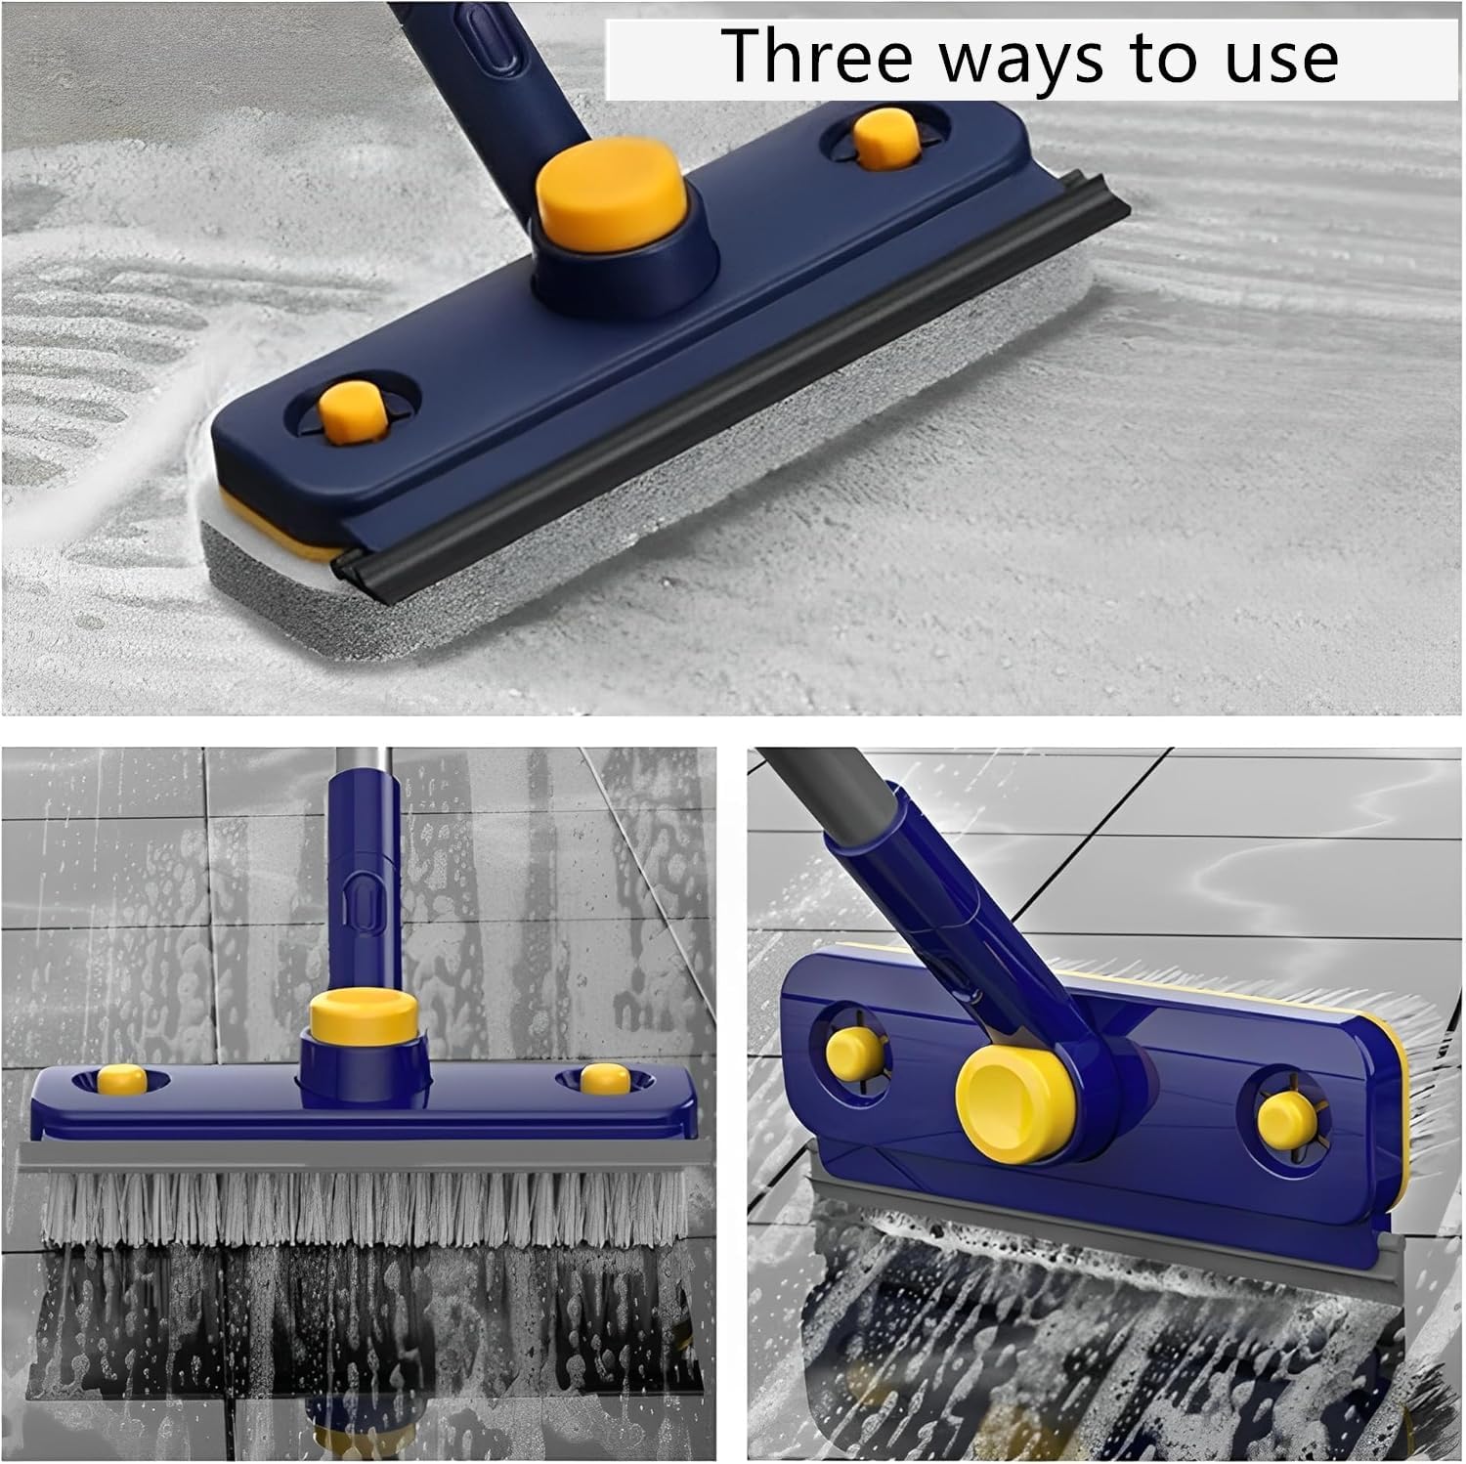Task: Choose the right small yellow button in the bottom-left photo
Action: click(x=605, y=1079)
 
